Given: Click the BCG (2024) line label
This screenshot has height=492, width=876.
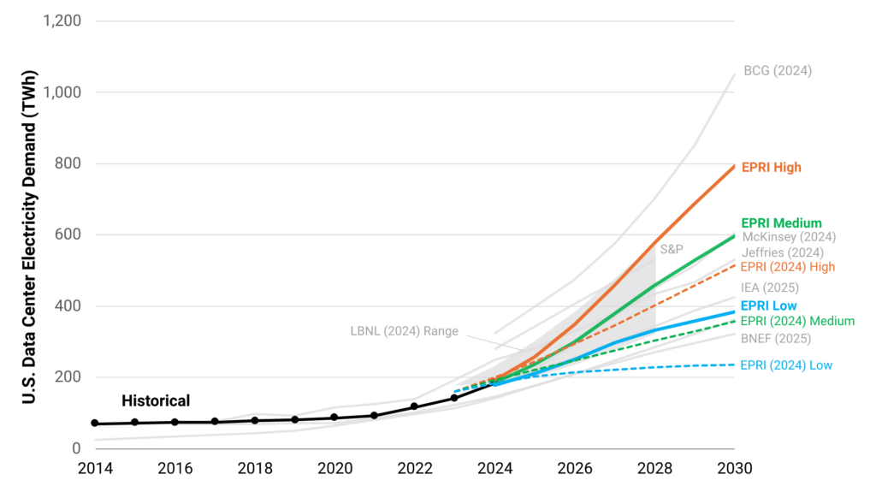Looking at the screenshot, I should (x=777, y=71).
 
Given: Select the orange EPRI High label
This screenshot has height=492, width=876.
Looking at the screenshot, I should (x=771, y=168).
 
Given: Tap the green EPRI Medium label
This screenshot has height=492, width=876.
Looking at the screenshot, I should (x=781, y=223).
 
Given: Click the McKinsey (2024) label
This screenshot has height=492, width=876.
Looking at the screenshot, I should (x=788, y=237).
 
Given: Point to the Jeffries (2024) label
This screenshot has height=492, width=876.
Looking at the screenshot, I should (x=782, y=252).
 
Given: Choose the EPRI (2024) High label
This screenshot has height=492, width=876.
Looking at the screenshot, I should (x=787, y=267).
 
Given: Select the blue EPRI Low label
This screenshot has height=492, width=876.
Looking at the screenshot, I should (x=768, y=305).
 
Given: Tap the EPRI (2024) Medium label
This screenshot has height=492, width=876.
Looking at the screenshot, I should (x=797, y=321).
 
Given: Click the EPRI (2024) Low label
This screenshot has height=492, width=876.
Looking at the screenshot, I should (x=786, y=365).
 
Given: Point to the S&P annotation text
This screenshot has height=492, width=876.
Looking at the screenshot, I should (x=671, y=249).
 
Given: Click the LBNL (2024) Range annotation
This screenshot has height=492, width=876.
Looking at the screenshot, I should (x=405, y=331).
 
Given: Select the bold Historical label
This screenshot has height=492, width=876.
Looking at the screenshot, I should (x=156, y=400).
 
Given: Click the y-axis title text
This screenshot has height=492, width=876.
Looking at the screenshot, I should (x=29, y=234).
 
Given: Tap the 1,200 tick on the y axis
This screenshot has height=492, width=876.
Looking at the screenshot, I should (x=62, y=21).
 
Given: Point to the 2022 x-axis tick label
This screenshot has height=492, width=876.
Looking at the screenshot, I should (x=414, y=469).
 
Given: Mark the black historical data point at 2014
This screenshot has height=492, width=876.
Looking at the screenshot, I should (x=95, y=424).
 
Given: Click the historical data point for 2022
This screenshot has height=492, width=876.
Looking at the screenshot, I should (x=414, y=406).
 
